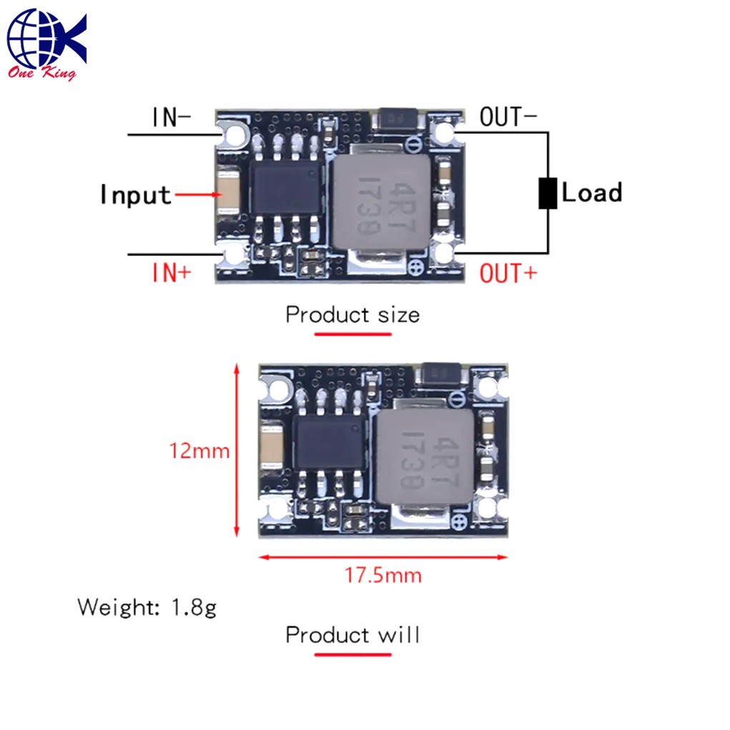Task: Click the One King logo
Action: pos(46,45)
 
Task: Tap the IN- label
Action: pos(172,117)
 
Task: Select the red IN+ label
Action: pos(172,272)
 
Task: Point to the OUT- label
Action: pos(508,117)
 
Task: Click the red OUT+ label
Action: pos(508,273)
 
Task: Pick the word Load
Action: pos(592,192)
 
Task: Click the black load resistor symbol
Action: pos(548,193)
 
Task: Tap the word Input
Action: pos(135,194)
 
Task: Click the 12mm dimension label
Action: pos(199,451)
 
